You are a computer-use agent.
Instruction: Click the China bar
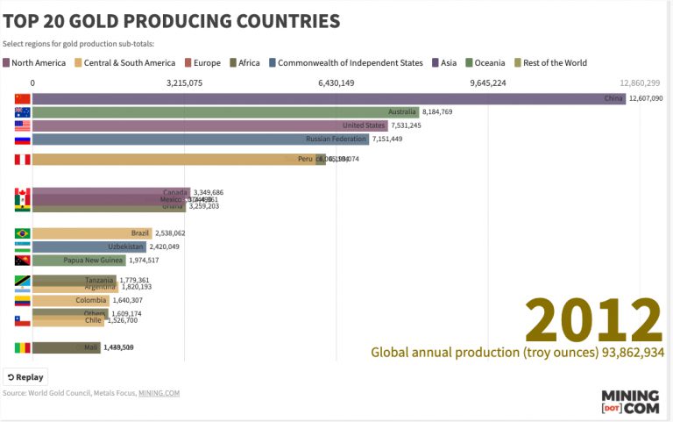click(329, 98)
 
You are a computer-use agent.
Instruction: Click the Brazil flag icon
click(23, 233)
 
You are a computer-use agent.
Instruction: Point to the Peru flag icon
click(23, 159)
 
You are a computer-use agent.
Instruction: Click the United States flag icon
click(23, 125)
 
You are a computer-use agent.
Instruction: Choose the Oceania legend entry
click(489, 63)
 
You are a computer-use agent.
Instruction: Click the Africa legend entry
click(244, 63)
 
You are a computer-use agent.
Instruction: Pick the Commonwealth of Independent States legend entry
click(345, 63)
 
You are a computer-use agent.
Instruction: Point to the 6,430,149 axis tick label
click(336, 83)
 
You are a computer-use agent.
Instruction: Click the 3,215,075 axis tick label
click(184, 83)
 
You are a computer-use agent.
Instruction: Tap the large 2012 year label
click(592, 320)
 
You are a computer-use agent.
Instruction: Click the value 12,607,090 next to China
click(651, 99)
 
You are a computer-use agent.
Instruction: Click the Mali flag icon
click(23, 347)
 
